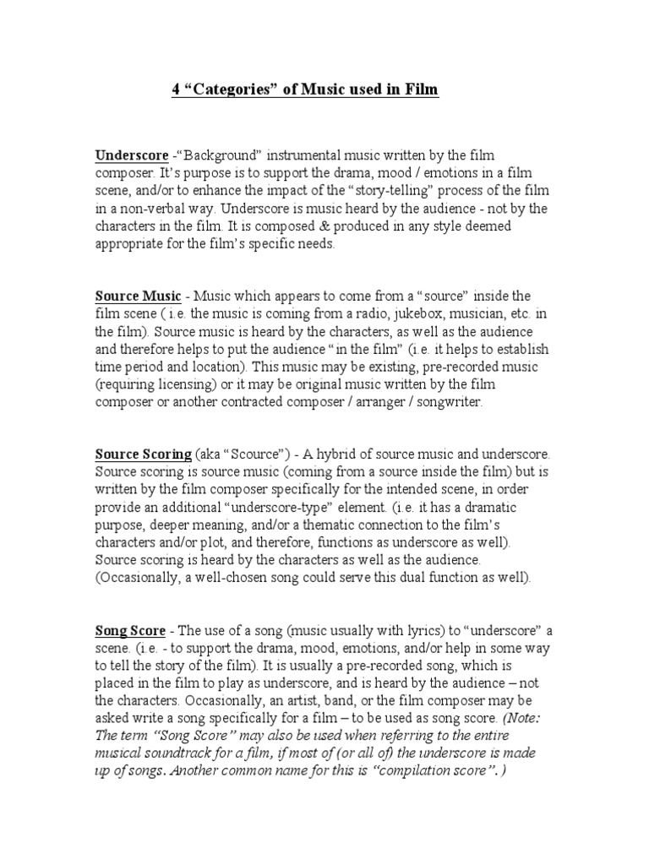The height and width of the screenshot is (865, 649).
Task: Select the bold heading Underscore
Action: [131, 155]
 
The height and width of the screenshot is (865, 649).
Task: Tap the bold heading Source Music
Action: [137, 296]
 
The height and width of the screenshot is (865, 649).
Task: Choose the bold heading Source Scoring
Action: [143, 454]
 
